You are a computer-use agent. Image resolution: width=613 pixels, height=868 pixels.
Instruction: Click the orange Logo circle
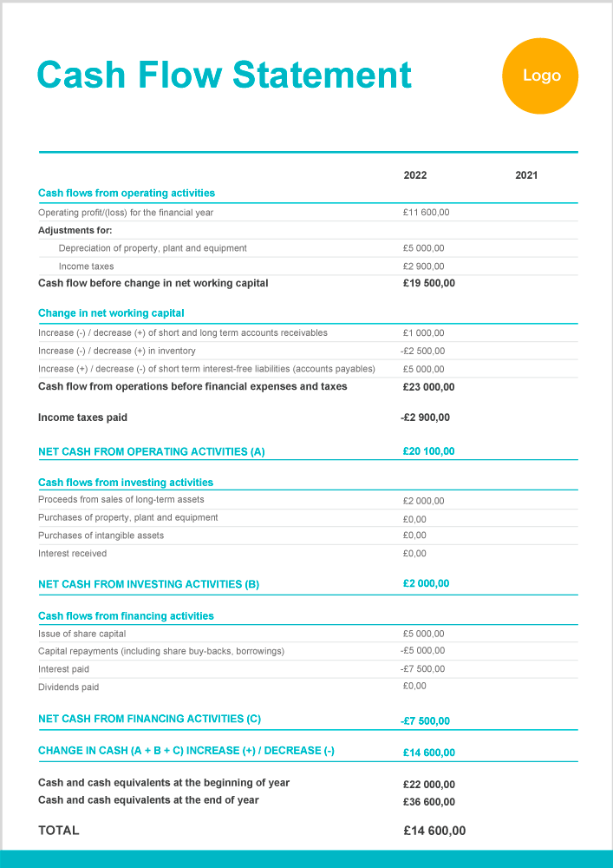coord(540,76)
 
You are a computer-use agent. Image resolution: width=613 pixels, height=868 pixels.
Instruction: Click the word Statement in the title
coord(322,76)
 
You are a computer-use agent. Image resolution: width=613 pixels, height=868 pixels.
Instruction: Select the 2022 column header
coord(415,175)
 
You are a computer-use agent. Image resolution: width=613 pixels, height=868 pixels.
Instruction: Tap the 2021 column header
coord(526,175)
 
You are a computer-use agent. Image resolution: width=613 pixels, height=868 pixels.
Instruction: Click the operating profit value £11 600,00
coord(426,213)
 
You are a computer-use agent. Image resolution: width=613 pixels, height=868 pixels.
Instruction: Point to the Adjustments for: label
coord(75,231)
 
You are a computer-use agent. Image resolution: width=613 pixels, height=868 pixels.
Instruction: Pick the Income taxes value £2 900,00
coord(423,266)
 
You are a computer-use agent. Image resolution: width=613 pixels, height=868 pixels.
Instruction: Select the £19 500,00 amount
coord(428,283)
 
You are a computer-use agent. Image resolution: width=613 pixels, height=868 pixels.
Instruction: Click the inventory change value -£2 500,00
coord(422,351)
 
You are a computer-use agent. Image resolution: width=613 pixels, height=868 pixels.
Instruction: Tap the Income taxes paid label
coord(82,418)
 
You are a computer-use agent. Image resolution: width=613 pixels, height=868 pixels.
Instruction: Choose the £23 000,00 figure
coord(428,387)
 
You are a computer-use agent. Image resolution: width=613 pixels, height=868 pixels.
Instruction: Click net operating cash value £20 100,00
coord(428,451)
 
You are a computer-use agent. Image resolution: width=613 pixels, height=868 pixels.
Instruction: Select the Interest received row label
coord(73,554)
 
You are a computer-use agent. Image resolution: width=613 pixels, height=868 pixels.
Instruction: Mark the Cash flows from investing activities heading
coord(126,483)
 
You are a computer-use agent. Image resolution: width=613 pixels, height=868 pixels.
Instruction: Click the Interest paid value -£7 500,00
coord(422,669)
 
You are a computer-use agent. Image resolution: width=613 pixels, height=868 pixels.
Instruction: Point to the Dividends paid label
coord(68,687)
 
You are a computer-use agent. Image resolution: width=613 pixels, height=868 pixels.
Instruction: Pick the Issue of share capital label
coord(82,634)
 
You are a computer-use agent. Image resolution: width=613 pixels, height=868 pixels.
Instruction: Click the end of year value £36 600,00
coord(428,802)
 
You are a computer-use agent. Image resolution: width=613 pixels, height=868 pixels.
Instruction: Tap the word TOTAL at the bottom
coord(59,831)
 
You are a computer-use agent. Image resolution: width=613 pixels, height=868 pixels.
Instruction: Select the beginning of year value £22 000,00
coord(428,785)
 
